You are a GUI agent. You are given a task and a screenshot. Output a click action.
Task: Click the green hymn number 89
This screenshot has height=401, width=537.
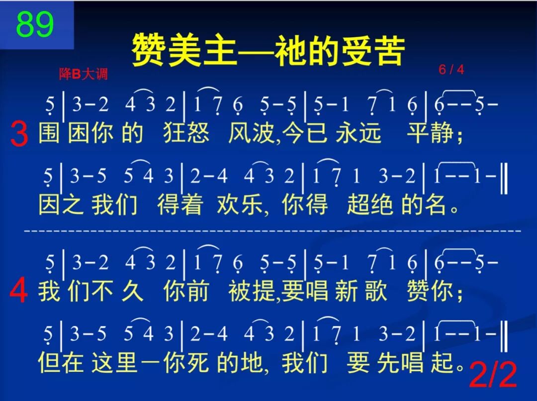(35, 25)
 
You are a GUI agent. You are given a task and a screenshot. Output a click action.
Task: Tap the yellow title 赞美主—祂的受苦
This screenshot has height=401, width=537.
(268, 51)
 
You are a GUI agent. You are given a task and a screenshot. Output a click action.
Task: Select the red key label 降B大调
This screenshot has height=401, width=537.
(83, 75)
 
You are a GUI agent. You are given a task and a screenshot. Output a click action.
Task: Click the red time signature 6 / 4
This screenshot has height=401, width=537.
(451, 70)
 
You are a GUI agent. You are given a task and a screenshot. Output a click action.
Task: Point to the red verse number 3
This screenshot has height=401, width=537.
(19, 135)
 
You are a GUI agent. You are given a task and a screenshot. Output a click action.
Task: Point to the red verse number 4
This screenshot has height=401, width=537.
(19, 292)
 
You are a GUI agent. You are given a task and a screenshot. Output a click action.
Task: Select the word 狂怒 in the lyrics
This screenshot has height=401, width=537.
(186, 133)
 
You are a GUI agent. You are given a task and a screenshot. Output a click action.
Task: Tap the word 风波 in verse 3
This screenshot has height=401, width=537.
(251, 133)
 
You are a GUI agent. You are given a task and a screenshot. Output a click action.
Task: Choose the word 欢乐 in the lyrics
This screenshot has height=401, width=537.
(239, 205)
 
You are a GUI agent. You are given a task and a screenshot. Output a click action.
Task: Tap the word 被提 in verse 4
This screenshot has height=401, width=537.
(251, 291)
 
